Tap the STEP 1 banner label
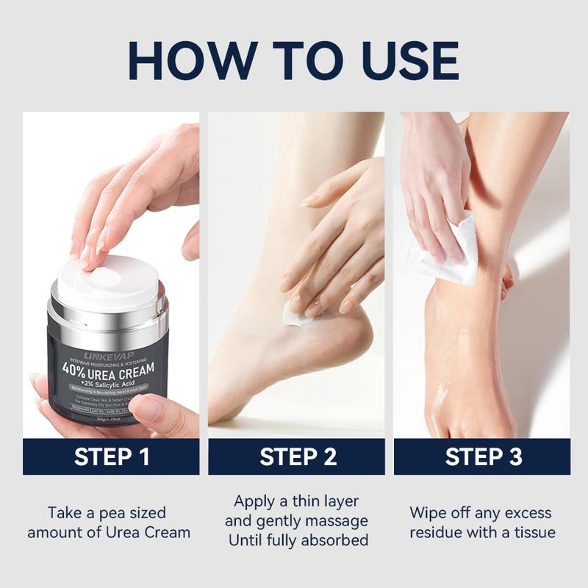pyautogui.click(x=112, y=456)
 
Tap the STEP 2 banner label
pyautogui.click(x=297, y=456)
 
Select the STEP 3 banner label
pyautogui.click(x=482, y=456)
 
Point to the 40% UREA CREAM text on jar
pyautogui.click(x=109, y=369)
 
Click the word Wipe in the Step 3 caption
pyautogui.click(x=429, y=512)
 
